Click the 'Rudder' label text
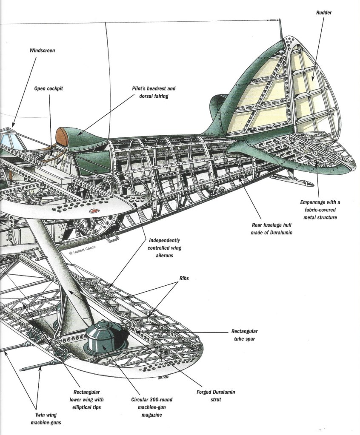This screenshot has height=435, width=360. point(324,13)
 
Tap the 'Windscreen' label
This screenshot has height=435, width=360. point(42,51)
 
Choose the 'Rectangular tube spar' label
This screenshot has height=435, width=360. point(245,335)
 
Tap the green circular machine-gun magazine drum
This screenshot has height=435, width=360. point(103,338)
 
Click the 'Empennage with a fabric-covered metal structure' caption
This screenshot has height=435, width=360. point(320,210)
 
